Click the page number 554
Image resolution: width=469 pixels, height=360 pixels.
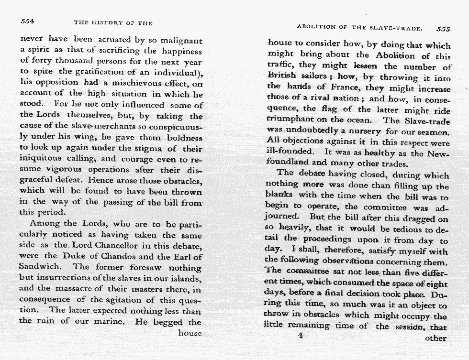tap(27, 22)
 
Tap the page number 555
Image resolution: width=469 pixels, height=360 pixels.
tap(444, 29)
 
